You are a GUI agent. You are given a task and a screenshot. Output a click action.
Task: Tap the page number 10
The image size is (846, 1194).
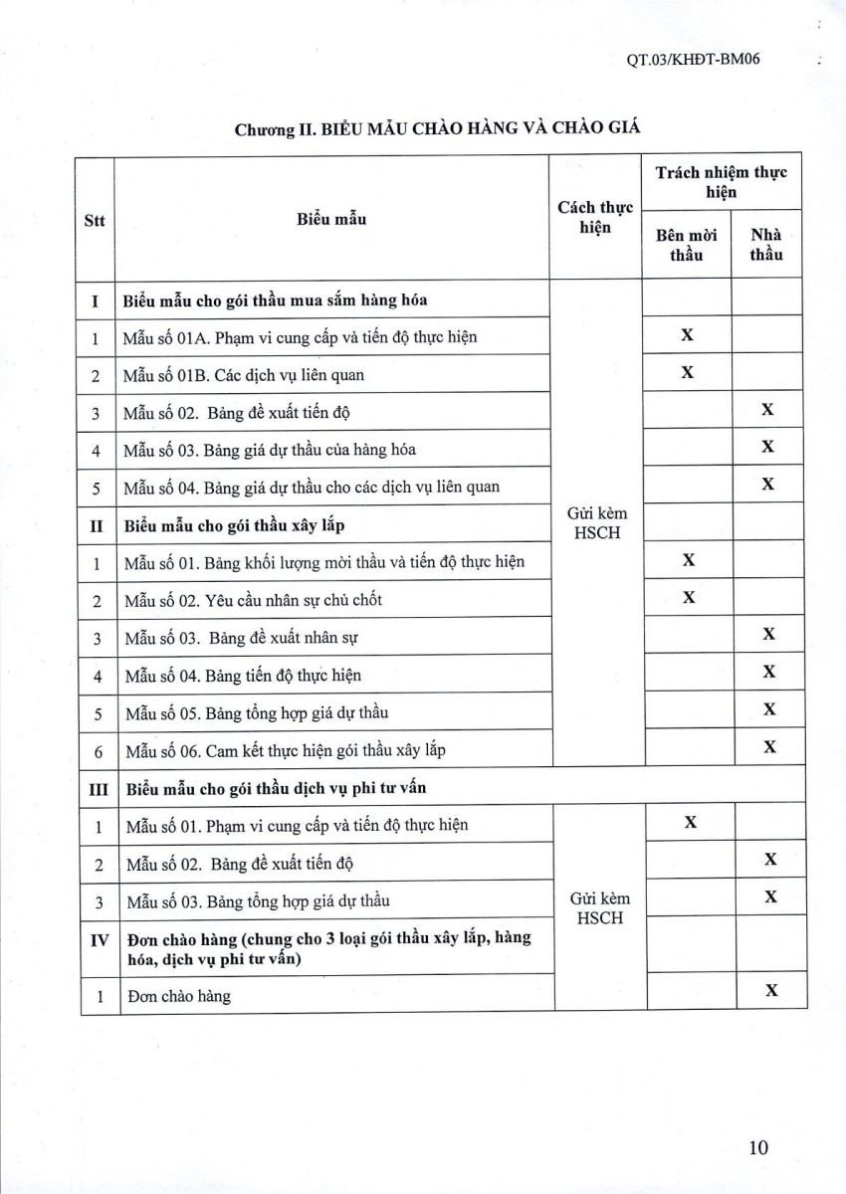click(758, 1147)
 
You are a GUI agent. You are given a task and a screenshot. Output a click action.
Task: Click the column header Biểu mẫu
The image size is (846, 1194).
click(330, 218)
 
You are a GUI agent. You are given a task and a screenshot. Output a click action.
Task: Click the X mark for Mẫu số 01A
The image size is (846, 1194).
click(687, 335)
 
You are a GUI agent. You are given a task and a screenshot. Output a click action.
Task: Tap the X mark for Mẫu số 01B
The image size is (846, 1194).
click(687, 373)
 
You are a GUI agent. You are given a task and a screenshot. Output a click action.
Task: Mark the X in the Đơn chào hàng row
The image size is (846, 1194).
click(768, 990)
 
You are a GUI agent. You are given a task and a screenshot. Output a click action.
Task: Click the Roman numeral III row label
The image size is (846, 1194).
click(98, 788)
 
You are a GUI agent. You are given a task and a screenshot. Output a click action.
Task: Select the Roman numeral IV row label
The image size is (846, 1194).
click(98, 939)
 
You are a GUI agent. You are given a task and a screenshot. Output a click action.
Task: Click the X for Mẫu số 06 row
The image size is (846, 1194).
click(768, 746)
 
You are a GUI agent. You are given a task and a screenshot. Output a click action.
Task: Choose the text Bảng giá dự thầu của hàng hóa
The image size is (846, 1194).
click(310, 449)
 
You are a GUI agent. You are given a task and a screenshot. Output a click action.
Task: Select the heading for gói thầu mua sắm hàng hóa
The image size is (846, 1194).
click(275, 298)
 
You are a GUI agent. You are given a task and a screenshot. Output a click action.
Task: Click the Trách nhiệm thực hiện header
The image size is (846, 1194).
click(722, 181)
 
